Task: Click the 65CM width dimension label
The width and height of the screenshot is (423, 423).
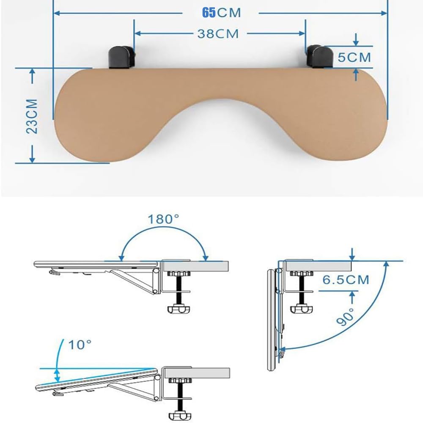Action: [221, 13]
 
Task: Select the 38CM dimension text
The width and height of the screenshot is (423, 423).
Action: [218, 34]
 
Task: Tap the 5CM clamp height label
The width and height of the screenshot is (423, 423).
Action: [354, 57]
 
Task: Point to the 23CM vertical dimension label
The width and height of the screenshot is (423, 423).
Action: [32, 116]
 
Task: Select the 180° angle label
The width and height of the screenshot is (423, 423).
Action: [163, 219]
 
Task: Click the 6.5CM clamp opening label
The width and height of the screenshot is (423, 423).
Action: [346, 280]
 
